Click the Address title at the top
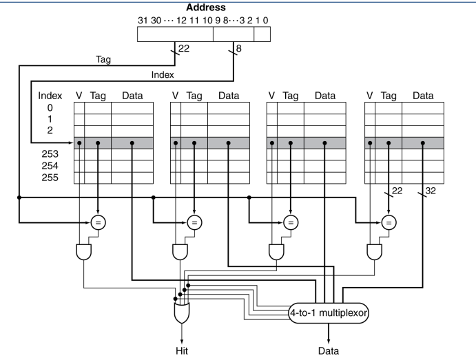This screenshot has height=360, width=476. click(206, 8)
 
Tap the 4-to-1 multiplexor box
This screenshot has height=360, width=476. click(328, 313)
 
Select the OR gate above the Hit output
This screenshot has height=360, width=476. click(182, 313)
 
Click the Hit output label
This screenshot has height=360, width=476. click(182, 351)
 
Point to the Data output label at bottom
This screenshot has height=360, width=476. click(328, 351)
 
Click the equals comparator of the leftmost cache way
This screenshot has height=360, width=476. click(98, 222)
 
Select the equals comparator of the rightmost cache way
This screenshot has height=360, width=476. click(389, 222)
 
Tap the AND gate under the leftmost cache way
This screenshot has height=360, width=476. click(83, 252)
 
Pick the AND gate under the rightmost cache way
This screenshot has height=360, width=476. click(374, 252)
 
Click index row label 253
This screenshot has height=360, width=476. click(50, 154)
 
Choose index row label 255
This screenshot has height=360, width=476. click(50, 178)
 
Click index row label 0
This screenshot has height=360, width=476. click(50, 107)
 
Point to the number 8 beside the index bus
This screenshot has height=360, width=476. click(238, 48)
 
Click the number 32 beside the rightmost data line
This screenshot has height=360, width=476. click(431, 191)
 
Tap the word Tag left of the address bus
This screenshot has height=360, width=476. click(103, 59)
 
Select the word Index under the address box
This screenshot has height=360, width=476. click(163, 74)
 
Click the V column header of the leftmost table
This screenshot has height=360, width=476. click(79, 96)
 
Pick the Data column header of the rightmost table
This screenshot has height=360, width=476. click(423, 96)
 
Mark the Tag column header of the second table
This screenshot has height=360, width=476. click(194, 96)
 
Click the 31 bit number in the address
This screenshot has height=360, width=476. click(143, 21)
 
